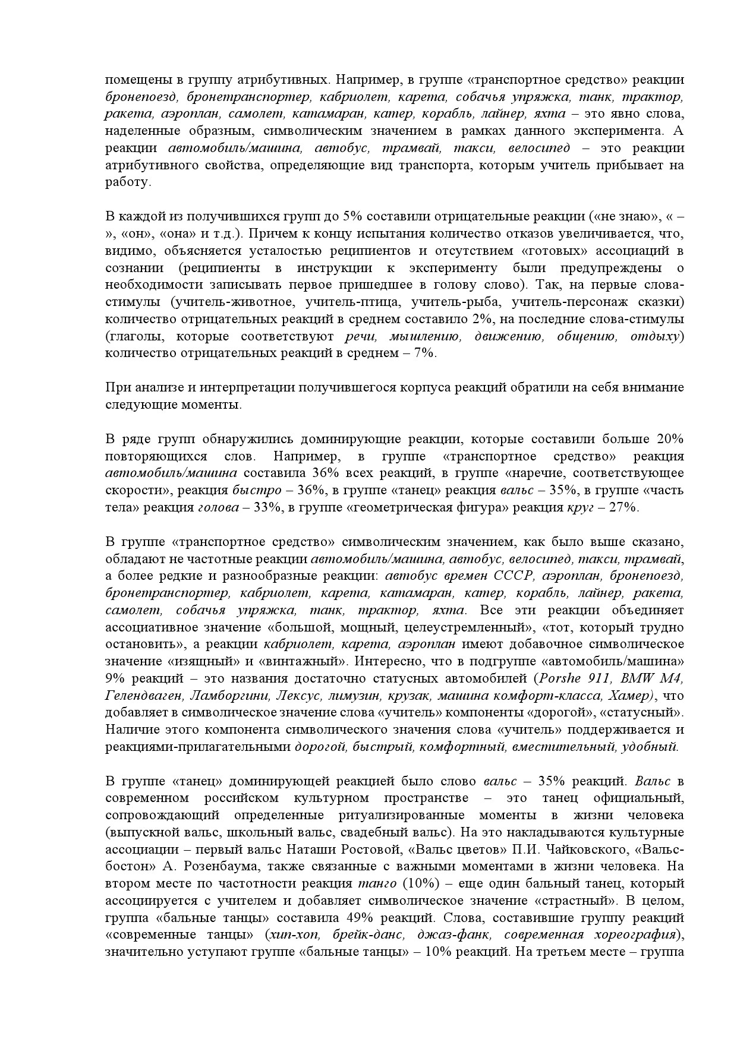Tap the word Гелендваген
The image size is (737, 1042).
[x=140, y=696]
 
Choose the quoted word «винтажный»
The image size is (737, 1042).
[x=313, y=661]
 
